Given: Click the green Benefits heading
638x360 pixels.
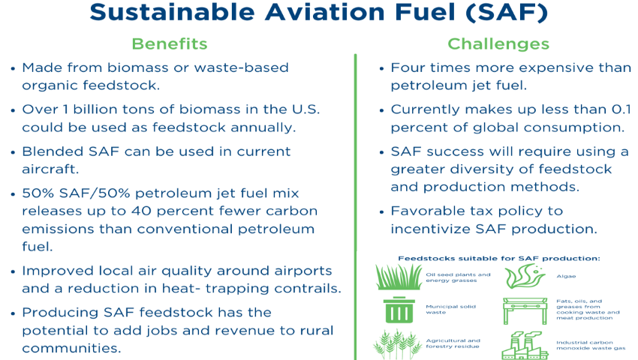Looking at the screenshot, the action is click(170, 43).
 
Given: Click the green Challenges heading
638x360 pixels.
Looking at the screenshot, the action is click(498, 43).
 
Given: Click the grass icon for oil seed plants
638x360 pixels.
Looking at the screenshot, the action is click(399, 277).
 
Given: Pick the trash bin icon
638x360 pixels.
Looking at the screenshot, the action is click(399, 310).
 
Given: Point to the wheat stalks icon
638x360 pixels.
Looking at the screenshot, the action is click(397, 344).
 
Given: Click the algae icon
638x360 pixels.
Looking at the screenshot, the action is click(525, 276).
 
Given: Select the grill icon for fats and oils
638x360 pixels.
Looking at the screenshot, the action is click(525, 310).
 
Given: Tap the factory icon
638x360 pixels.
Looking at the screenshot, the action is click(525, 345).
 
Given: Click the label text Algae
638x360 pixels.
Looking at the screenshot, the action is click(566, 276).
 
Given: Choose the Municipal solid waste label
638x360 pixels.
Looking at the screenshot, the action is click(450, 309).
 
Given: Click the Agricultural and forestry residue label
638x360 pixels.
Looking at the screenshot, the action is click(453, 343).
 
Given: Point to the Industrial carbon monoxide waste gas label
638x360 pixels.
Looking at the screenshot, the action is click(591, 345).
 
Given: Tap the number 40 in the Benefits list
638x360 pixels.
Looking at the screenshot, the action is click(141, 211).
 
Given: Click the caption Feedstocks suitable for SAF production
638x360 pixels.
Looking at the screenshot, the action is click(499, 258).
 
